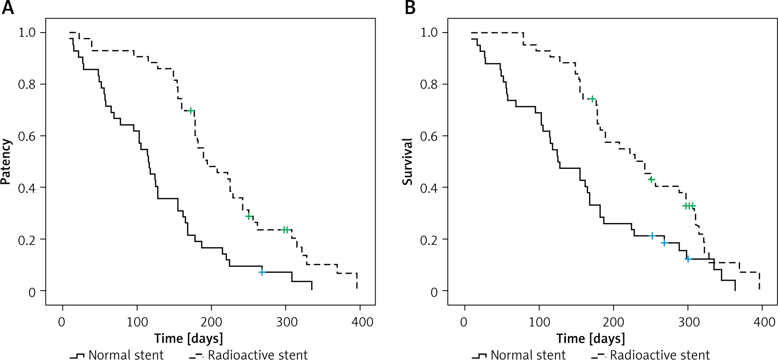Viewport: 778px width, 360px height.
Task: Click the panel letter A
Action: (x=8, y=8)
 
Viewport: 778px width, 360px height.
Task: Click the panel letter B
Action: (x=410, y=8)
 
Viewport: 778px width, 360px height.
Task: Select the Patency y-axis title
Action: (x=6, y=161)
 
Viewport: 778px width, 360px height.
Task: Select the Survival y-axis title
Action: (x=408, y=161)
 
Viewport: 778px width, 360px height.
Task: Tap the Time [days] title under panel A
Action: (x=189, y=339)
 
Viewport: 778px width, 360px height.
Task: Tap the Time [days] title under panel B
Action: (x=591, y=339)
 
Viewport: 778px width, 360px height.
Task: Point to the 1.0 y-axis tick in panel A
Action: (x=27, y=32)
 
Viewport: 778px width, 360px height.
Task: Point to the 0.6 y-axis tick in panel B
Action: (x=429, y=136)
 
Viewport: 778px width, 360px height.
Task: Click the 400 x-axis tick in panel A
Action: (x=362, y=322)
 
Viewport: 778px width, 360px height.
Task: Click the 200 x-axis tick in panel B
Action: (x=613, y=322)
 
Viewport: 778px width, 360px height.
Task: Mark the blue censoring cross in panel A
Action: (x=262, y=272)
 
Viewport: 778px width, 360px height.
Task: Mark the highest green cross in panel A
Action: (x=191, y=110)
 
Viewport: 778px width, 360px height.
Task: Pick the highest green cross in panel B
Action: (x=593, y=99)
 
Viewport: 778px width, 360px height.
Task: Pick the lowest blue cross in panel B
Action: (x=688, y=259)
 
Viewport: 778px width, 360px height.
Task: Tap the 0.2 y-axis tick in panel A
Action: (x=27, y=240)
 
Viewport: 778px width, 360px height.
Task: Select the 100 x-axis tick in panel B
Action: (x=539, y=322)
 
